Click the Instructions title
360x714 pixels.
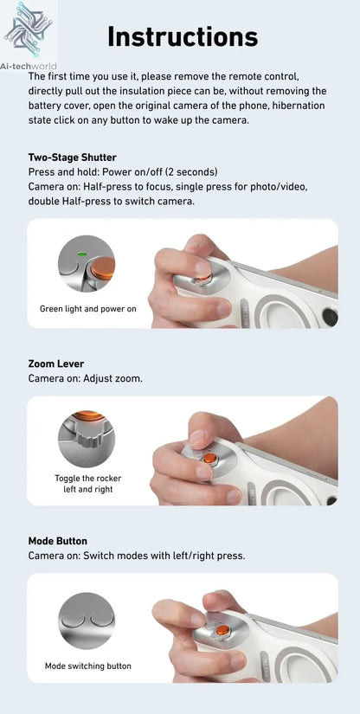(x=183, y=36)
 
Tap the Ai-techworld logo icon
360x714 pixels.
(x=24, y=25)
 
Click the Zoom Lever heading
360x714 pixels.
(x=56, y=363)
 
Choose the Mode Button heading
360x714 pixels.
(x=58, y=541)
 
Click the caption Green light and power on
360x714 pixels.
(x=87, y=308)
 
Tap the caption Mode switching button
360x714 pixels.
(x=87, y=666)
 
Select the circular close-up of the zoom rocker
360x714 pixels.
(x=87, y=438)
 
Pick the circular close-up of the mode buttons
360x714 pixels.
(x=87, y=621)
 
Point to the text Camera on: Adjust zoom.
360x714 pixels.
(x=86, y=378)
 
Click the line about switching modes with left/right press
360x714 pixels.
(x=136, y=556)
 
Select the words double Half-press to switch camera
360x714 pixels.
(x=111, y=201)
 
